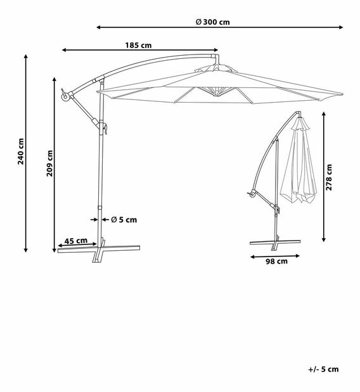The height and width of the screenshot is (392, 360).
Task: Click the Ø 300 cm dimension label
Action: (212, 21)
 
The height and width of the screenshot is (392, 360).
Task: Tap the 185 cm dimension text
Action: (138, 45)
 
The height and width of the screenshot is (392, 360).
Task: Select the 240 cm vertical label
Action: (21, 152)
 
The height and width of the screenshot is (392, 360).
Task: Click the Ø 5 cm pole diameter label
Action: (124, 220)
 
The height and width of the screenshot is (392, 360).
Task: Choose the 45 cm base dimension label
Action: (76, 241)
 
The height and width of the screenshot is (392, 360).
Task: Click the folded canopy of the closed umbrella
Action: (298, 165)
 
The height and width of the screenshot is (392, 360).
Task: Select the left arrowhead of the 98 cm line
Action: (252, 256)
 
